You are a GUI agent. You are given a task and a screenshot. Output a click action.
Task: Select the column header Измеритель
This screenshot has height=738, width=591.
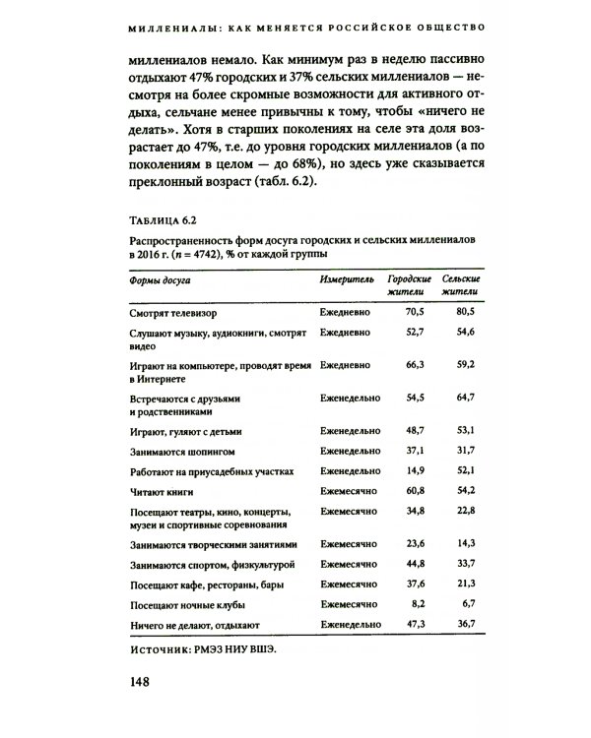[347, 279]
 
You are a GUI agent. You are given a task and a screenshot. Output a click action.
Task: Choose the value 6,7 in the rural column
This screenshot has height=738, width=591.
[468, 603]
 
